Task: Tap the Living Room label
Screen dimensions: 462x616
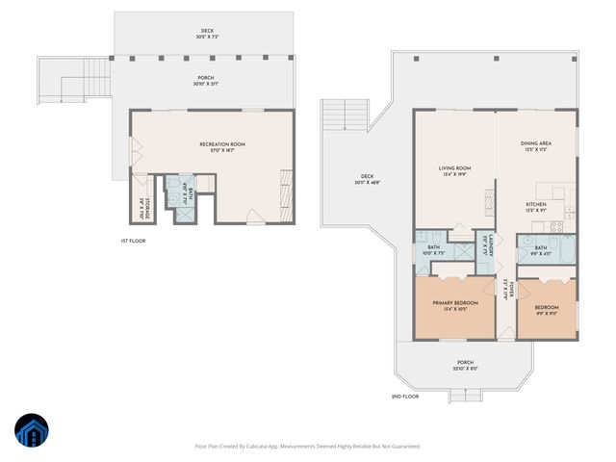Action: (x=454, y=171)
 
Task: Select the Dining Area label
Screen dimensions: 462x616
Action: (x=536, y=146)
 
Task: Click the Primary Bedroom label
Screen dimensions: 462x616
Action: (x=449, y=305)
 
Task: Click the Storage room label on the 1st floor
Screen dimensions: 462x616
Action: (x=140, y=206)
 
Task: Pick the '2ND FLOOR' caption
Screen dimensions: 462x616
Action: (x=405, y=397)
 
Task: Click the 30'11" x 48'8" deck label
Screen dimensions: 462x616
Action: (x=367, y=180)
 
